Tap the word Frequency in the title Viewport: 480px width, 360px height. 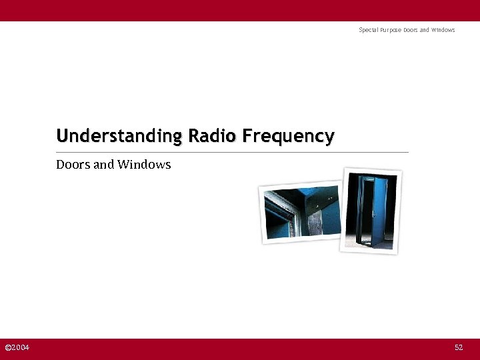click(x=288, y=137)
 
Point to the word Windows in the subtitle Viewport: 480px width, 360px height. click(x=144, y=164)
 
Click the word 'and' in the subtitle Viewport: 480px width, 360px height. click(x=104, y=164)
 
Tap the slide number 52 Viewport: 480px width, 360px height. click(x=459, y=348)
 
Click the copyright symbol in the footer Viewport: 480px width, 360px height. click(x=7, y=348)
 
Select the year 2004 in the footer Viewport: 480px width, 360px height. click(x=21, y=348)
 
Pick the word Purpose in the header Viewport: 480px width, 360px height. click(x=391, y=30)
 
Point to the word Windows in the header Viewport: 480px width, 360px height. click(x=443, y=30)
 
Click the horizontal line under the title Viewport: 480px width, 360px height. click(x=232, y=153)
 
